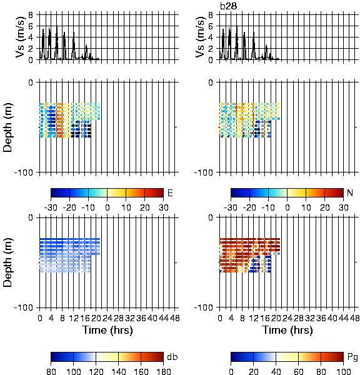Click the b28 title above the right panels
coord(229,6)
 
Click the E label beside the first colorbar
coord(170,192)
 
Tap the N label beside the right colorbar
coord(350,192)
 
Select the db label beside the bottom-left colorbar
coord(172,357)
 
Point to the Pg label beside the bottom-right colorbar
coord(352,357)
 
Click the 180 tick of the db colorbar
coord(163,371)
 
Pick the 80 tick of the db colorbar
coord(51,371)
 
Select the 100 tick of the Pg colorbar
coord(344,371)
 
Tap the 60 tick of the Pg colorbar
coord(298,371)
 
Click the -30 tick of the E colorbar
coord(51,207)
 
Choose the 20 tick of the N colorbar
coord(324,207)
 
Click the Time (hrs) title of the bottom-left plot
coord(107,330)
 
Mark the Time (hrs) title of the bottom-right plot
coord(287,330)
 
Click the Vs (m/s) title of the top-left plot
coord(20,37)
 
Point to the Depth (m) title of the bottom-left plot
coord(7,262)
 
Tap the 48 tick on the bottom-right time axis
coord(354,318)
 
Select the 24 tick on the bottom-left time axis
coord(107,318)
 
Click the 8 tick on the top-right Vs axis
coord(211,15)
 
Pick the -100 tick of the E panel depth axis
coord(24,172)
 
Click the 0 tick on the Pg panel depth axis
coord(211,217)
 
